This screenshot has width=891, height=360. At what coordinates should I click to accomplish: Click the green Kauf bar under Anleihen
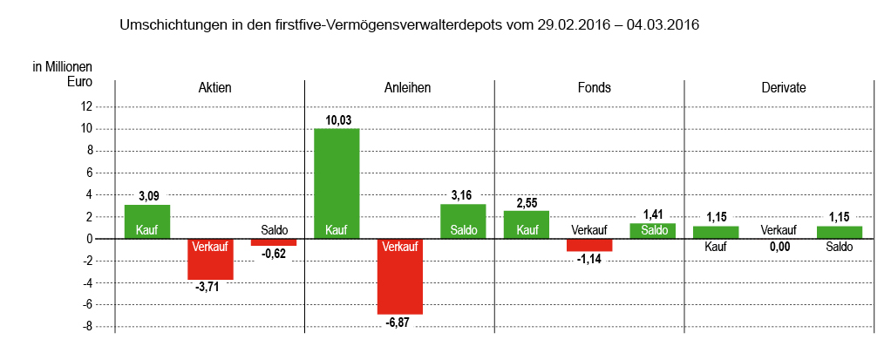337,183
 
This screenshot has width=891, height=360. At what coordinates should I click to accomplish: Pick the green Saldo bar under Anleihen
463,221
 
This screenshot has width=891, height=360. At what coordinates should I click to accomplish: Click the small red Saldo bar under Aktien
274,242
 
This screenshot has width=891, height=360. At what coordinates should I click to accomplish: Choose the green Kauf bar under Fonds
527,224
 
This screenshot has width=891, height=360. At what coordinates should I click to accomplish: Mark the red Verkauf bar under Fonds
589,245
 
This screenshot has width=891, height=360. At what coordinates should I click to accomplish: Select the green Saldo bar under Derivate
840,232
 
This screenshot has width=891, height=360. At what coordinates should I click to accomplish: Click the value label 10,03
337,120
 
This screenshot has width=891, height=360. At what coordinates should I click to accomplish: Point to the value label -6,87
400,323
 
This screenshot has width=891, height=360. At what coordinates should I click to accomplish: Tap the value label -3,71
210,288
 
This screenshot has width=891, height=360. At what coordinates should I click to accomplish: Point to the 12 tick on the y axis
85,107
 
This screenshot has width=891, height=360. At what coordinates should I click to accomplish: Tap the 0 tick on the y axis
89,239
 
